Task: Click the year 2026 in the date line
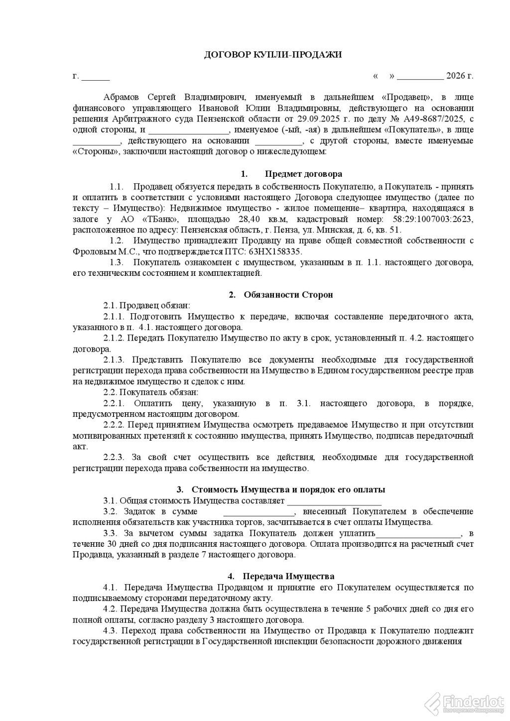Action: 455,76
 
